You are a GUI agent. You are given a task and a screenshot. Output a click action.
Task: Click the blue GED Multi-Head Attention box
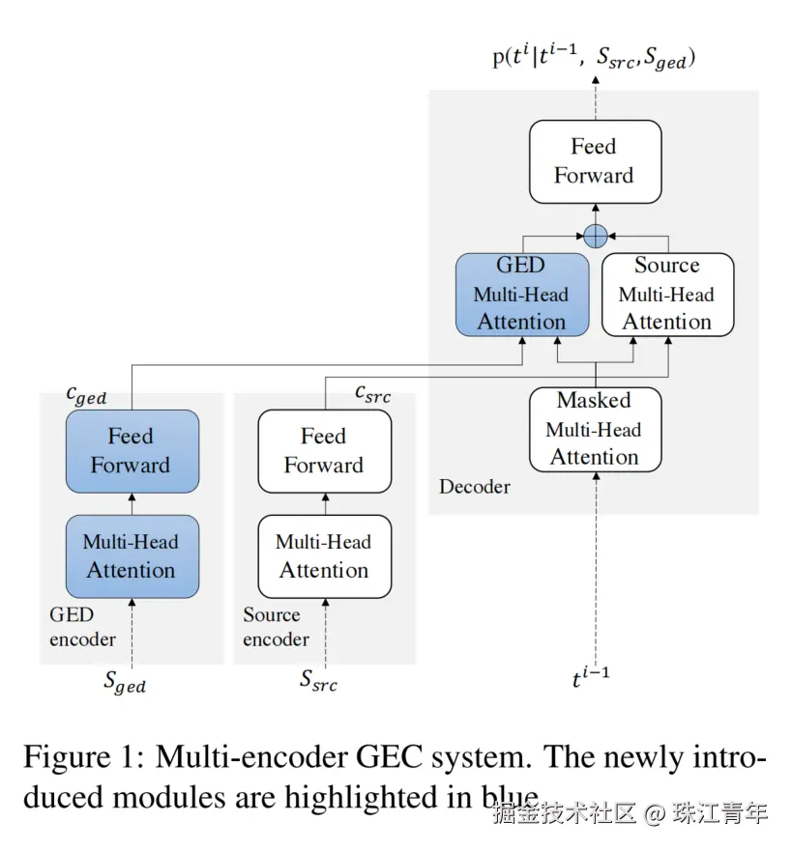[521, 294]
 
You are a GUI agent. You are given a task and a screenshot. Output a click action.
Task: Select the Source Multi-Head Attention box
[667, 294]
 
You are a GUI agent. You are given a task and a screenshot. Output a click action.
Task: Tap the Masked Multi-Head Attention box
[595, 429]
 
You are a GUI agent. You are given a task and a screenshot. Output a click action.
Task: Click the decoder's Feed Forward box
[595, 161]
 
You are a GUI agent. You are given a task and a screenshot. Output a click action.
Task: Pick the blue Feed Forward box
[132, 451]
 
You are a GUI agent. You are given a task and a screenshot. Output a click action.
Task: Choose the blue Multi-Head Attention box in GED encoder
[132, 556]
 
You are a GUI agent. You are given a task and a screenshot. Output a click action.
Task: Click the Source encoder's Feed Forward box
[324, 451]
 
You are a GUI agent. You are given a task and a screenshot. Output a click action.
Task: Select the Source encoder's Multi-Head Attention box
[324, 556]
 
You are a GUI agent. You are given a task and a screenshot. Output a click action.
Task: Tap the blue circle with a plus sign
[596, 235]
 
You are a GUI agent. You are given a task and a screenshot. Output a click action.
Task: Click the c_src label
[372, 394]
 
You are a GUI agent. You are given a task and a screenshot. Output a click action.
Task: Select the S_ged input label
[125, 681]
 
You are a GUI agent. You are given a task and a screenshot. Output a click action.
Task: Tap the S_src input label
[318, 681]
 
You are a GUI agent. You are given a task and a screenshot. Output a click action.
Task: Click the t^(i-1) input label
[590, 677]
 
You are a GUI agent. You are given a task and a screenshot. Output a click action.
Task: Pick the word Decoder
[474, 487]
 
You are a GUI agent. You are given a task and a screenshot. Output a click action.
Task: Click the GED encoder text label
[82, 627]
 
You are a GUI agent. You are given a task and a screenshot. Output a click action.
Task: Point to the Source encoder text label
[276, 627]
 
